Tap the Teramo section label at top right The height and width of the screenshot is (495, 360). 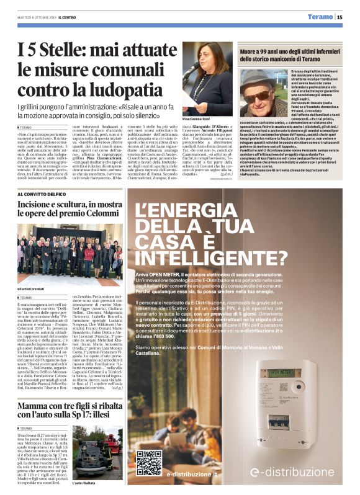321,17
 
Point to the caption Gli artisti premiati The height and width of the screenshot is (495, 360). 32,289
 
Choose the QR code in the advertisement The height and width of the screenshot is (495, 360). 148,462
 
